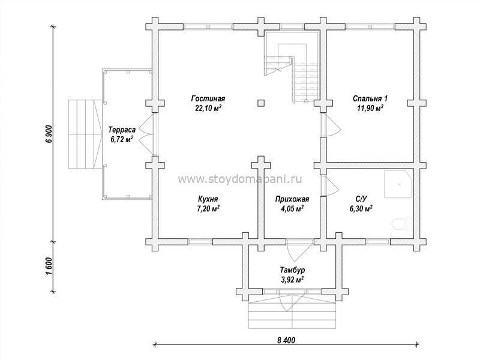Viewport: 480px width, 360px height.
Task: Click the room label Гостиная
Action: (208, 98)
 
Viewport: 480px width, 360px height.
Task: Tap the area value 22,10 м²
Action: (208, 108)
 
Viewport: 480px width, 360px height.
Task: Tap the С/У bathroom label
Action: (361, 199)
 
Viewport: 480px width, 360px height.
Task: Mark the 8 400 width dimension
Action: (286, 340)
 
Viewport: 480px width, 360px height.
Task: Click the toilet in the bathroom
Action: (400, 225)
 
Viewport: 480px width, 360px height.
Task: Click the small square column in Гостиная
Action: (259, 103)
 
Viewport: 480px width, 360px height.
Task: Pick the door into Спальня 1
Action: (328, 125)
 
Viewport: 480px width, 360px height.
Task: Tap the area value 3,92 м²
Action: (292, 279)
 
